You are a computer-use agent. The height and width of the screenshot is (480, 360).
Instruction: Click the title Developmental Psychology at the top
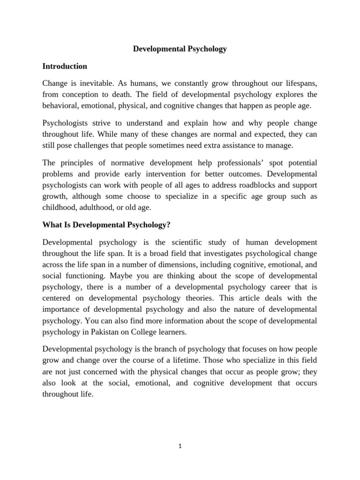(x=180, y=49)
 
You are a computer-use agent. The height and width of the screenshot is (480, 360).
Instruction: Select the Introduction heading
(x=65, y=66)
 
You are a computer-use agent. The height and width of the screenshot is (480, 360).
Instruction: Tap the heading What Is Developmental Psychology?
(x=106, y=225)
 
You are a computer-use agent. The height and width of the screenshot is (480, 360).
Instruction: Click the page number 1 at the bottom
(x=180, y=446)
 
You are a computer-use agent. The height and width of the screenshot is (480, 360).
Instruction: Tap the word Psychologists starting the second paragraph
(x=65, y=123)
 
